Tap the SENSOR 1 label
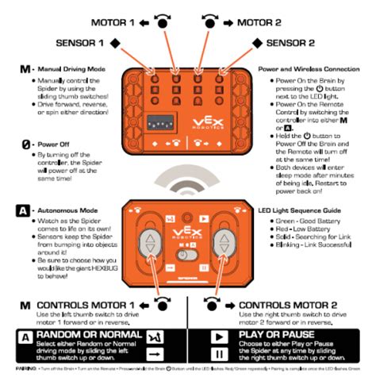pyautogui.click(x=78, y=41)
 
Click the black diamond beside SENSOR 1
pyautogui.click(x=115, y=41)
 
